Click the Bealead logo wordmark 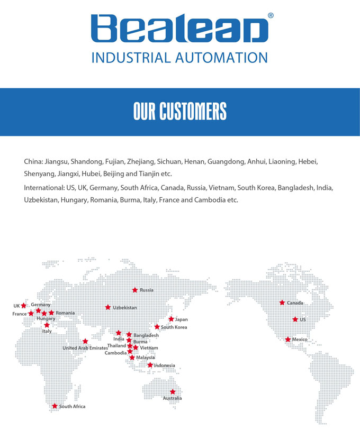pos(179,29)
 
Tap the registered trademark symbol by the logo pos(271,16)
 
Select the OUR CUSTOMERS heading pos(180,112)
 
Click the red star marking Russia pos(135,290)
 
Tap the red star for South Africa pos(55,406)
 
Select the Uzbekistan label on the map pos(125,308)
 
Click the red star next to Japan pos(171,319)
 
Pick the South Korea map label pos(174,327)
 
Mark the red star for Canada pos(282,302)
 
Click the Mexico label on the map pos(300,340)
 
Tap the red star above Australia pos(173,391)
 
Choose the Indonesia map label pos(165,365)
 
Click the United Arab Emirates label pos(85,348)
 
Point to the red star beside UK pos(24,306)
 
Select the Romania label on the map pos(66,313)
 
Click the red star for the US pos(295,319)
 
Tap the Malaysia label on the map pos(146,357)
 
